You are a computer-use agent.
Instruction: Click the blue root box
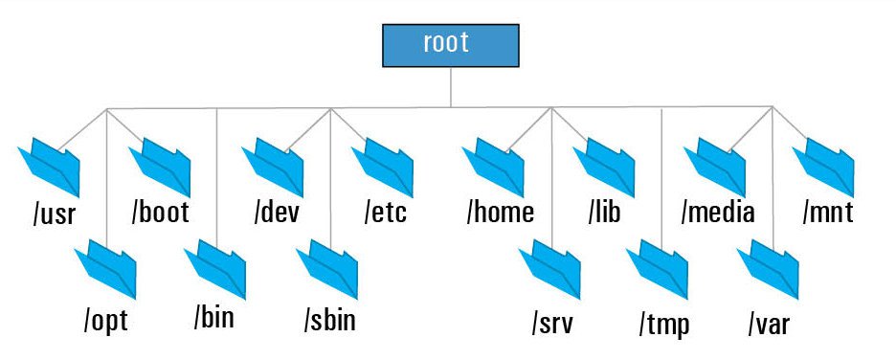point(450,44)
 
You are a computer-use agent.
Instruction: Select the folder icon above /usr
point(49,166)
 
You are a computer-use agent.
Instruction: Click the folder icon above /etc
point(383,166)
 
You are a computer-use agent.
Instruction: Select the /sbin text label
point(329,319)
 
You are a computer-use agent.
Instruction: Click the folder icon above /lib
point(604,166)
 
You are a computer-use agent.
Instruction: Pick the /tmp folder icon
point(658,273)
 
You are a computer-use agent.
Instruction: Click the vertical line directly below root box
point(451,86)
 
